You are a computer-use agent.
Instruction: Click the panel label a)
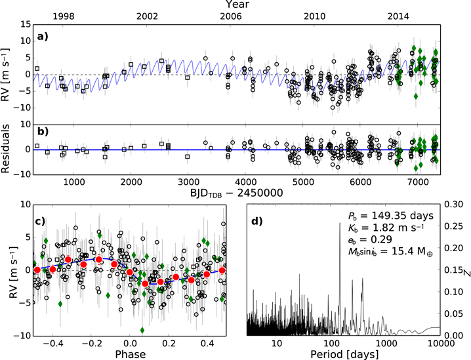pyautogui.click(x=43, y=37)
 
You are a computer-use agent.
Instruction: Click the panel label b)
pyautogui.click(x=43, y=131)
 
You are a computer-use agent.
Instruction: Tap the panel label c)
pyautogui.click(x=41, y=221)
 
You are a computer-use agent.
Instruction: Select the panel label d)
pyautogui.click(x=257, y=221)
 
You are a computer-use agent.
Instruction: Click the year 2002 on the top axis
pyautogui.click(x=147, y=16)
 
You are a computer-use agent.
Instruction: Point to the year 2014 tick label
pyautogui.click(x=398, y=16)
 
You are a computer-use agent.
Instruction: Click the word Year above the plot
pyautogui.click(x=237, y=5)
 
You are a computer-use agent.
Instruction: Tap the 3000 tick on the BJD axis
pyautogui.click(x=188, y=182)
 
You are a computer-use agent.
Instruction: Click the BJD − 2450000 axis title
pyautogui.click(x=237, y=193)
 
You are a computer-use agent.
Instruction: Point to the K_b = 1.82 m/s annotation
pyautogui.click(x=386, y=228)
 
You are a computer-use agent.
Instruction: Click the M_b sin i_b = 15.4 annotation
pyautogui.click(x=390, y=251)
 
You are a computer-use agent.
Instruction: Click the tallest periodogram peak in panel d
pyautogui.click(x=340, y=223)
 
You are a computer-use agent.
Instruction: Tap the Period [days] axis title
pyautogui.click(x=344, y=354)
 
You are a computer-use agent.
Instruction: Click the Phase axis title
pyautogui.click(x=130, y=354)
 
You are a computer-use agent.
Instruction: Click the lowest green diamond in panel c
pyautogui.click(x=142, y=330)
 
